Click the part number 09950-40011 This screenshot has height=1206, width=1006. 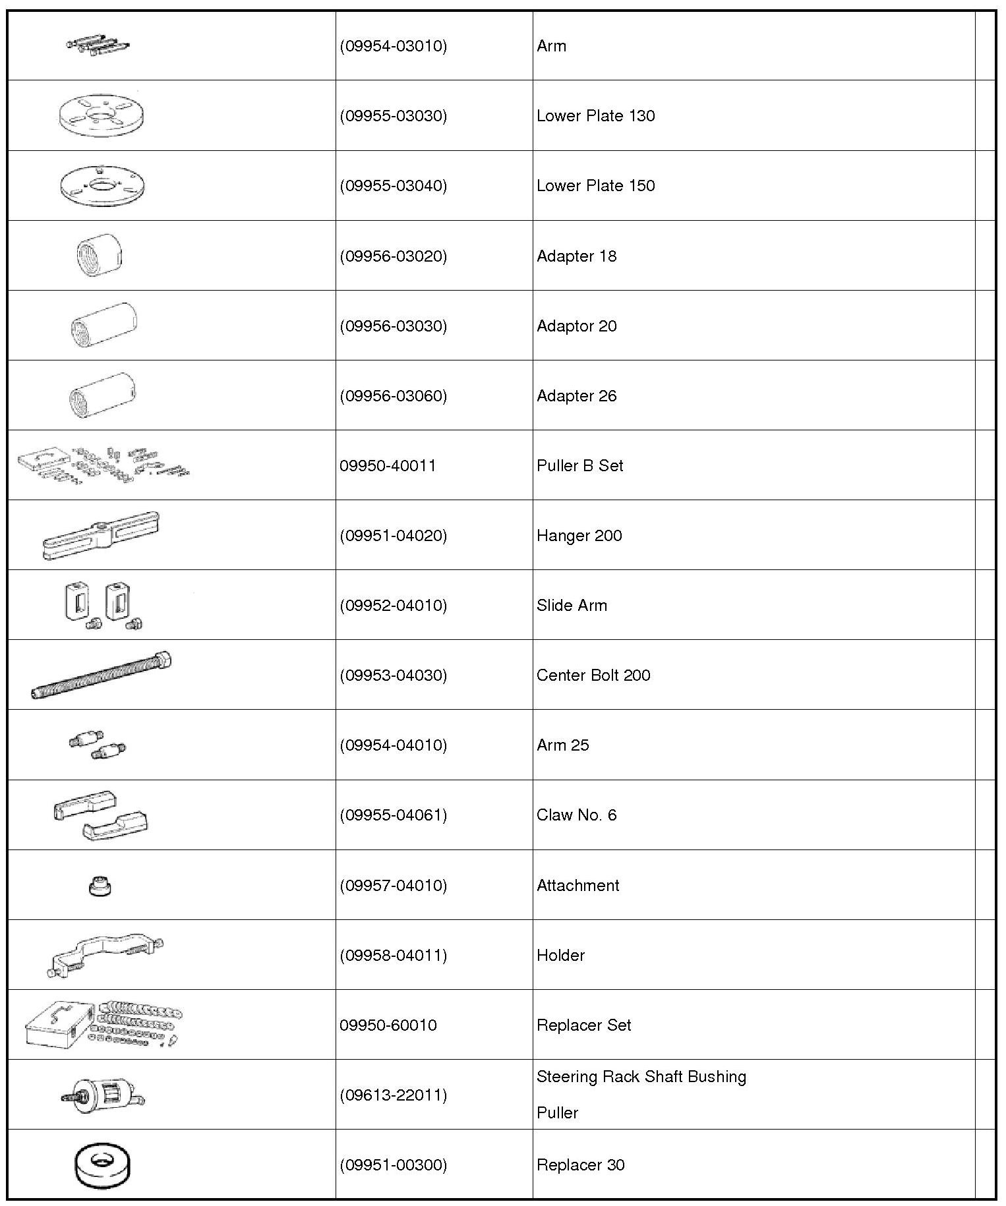tap(388, 466)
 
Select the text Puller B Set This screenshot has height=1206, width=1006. tap(579, 466)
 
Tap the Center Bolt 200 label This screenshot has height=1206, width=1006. tap(593, 675)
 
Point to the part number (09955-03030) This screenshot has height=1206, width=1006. tap(394, 116)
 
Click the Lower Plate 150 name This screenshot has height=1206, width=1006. tap(595, 186)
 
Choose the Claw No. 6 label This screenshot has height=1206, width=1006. tap(576, 815)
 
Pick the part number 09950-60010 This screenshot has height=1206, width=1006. tap(388, 1025)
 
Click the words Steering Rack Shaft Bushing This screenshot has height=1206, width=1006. tap(641, 1077)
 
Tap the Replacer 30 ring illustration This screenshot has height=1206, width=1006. tap(102, 1166)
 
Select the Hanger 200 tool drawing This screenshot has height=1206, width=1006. tap(101, 536)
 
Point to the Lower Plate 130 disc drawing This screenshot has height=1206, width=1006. tap(101, 116)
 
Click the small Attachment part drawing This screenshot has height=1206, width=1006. tap(100, 886)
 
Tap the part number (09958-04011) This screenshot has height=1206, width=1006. tap(394, 956)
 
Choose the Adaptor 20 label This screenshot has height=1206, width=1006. tap(576, 326)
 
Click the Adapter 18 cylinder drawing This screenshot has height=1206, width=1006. tap(100, 256)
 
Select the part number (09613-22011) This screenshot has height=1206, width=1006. tap(394, 1095)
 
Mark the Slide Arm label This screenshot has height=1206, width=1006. tap(572, 606)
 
